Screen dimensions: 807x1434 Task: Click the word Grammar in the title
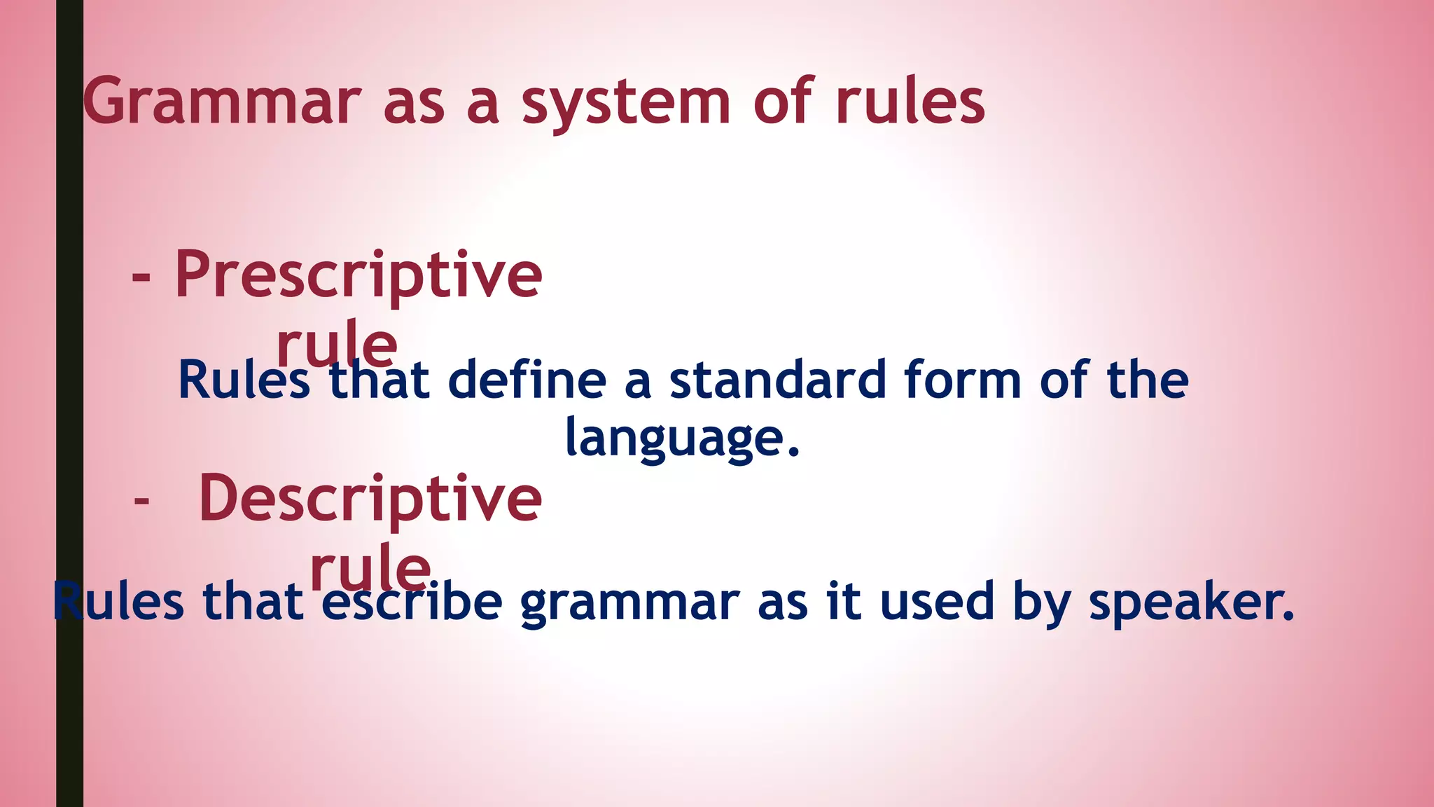coord(222,102)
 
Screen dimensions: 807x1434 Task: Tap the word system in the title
coord(626,104)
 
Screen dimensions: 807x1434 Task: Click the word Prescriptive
coord(358,275)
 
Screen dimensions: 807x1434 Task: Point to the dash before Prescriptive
coord(141,277)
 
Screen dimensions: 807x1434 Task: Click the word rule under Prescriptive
coord(337,343)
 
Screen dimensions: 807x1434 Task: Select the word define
coord(527,380)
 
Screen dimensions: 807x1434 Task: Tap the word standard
coord(777,380)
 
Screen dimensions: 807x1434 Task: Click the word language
coord(681,439)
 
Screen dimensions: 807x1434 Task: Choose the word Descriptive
coord(370,498)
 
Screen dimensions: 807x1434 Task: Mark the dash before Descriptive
coord(141,501)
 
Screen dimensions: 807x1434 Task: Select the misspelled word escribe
coord(412,602)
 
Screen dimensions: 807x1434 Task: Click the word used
coord(938,602)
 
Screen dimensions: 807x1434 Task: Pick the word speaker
coord(1191,602)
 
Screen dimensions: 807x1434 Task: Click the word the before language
coord(1148,380)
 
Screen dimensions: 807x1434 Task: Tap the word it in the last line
coord(843,602)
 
